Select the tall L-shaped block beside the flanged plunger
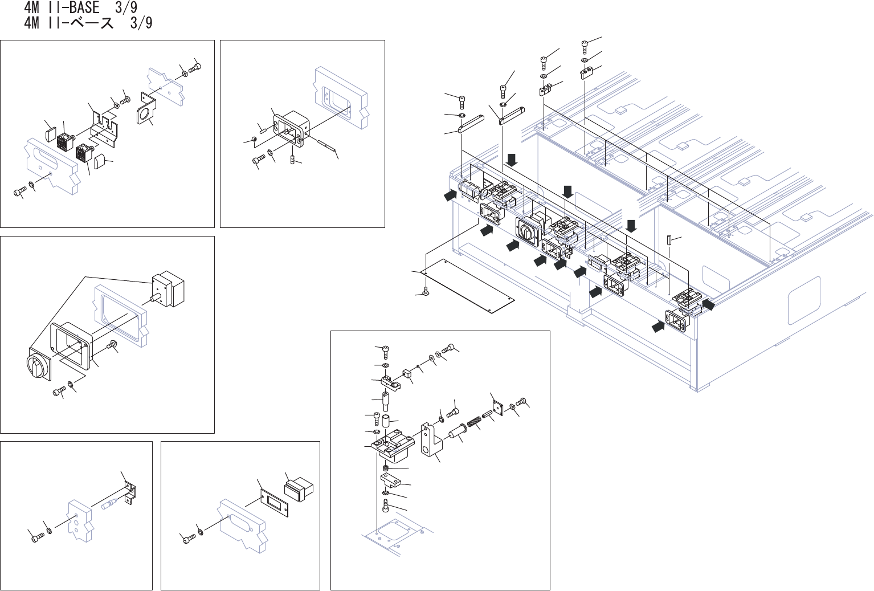click(x=432, y=439)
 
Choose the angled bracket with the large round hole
click(x=146, y=110)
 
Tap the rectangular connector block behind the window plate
click(x=299, y=489)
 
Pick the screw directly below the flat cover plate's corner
click(x=426, y=293)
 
